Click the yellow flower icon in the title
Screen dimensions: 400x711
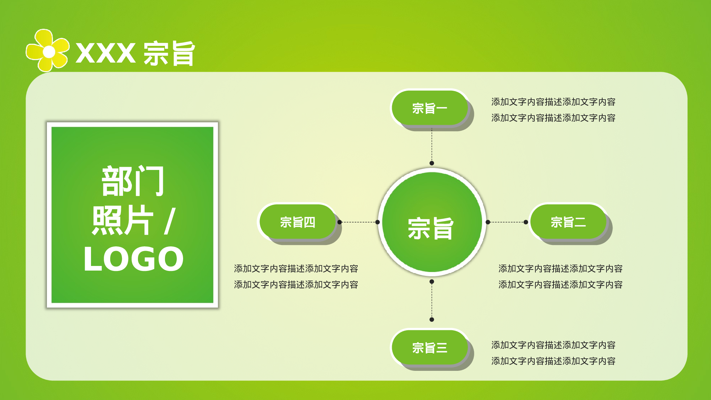(x=48, y=51)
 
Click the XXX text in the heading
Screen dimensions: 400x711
(x=105, y=53)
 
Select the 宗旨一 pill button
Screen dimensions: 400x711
(x=429, y=108)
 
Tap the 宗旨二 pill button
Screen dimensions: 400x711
(x=568, y=222)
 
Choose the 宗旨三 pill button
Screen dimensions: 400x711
(x=429, y=347)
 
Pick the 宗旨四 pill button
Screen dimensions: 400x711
(x=298, y=222)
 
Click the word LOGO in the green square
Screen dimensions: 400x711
(x=133, y=259)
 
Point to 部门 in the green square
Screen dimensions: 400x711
(x=133, y=181)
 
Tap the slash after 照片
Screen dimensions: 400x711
(x=170, y=221)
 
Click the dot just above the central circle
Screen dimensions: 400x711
(x=432, y=163)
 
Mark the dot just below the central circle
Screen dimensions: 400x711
(x=432, y=282)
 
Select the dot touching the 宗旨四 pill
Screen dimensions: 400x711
(x=340, y=222)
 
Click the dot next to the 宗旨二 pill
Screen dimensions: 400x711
(x=526, y=222)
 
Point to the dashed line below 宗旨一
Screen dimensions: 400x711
(x=432, y=146)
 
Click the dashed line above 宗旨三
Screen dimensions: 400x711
(x=432, y=301)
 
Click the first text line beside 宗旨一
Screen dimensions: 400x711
(x=553, y=102)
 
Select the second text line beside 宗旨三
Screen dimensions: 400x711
(x=553, y=361)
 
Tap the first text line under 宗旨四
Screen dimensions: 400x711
(x=296, y=269)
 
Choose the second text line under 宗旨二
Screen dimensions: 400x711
(x=560, y=285)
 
